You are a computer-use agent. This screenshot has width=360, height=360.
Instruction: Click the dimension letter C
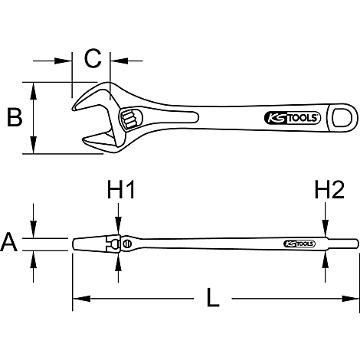[93, 58]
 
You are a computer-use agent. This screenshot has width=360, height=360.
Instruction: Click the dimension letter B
[15, 117]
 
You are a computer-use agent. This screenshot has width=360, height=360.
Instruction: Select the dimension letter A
[9, 242]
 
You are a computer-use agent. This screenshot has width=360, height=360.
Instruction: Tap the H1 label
[121, 189]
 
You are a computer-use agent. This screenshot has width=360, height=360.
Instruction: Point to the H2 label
[329, 189]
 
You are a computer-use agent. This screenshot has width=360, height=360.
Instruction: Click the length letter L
[213, 297]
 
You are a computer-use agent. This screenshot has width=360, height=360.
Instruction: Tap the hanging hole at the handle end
[342, 117]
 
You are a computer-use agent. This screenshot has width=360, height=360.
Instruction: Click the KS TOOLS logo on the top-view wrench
[292, 118]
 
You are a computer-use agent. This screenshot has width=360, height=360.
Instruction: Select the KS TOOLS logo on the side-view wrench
[299, 244]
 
